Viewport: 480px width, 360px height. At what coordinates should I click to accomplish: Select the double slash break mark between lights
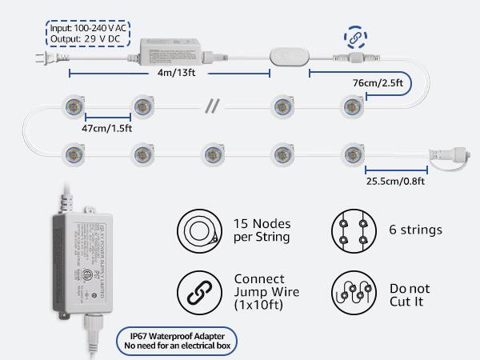coord(213,106)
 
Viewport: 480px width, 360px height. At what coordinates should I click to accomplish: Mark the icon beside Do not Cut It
coord(353,293)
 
